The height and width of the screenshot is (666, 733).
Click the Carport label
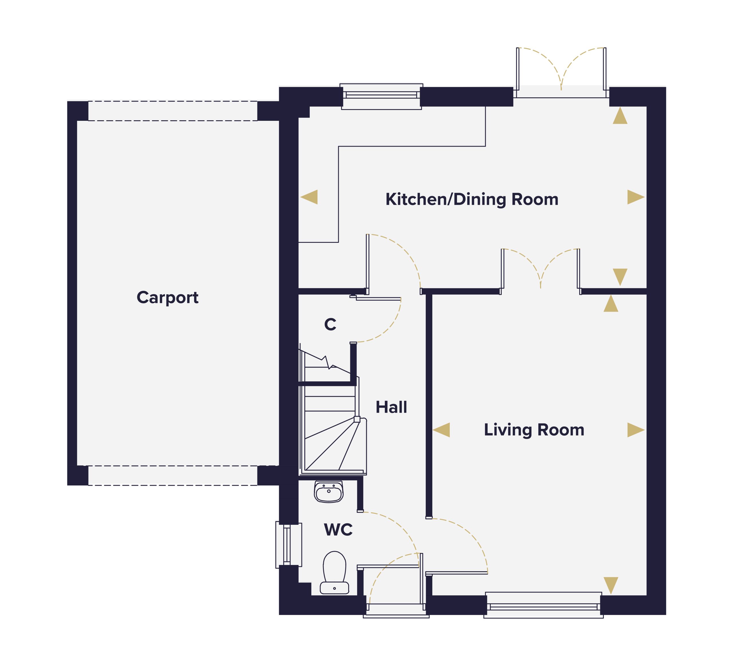click(168, 298)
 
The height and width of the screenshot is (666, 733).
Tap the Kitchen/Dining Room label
click(472, 200)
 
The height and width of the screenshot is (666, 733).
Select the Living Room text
click(534, 430)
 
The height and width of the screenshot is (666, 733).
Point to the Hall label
click(391, 407)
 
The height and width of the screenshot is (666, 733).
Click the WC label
click(338, 530)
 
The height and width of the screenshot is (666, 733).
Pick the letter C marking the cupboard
click(330, 324)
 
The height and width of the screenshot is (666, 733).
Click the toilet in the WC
click(334, 573)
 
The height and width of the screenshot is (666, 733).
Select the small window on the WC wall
click(289, 545)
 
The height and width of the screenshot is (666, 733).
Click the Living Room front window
click(543, 605)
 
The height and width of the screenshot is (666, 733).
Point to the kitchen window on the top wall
click(381, 96)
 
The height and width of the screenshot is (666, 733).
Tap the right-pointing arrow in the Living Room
click(636, 430)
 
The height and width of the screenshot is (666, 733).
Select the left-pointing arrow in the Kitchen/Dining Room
click(309, 197)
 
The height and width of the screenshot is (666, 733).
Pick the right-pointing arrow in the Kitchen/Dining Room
click(636, 197)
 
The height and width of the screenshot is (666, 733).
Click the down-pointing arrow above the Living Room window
click(611, 585)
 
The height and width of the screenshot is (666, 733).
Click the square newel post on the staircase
click(357, 419)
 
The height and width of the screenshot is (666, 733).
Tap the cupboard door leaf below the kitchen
click(378, 299)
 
